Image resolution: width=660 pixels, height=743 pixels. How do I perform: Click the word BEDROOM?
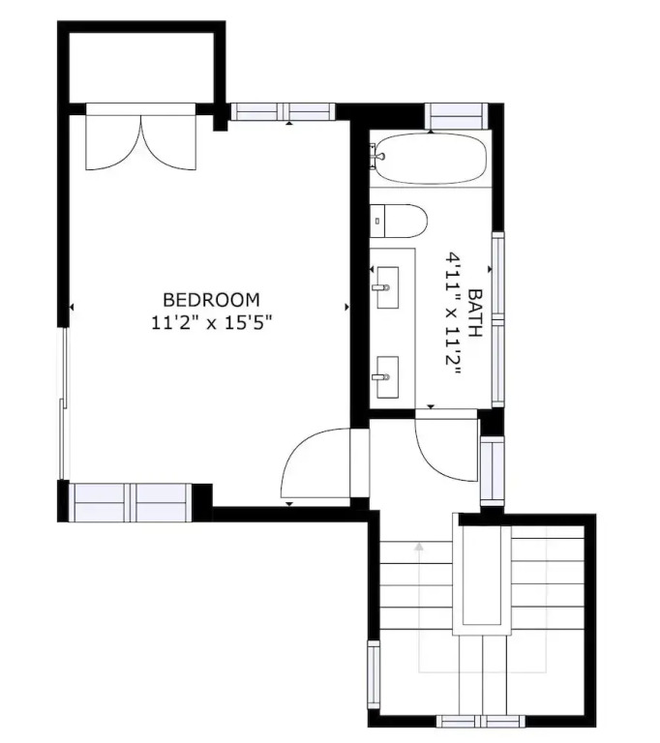pyautogui.click(x=212, y=300)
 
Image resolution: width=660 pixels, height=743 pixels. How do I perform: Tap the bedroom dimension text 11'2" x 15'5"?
pyautogui.click(x=212, y=323)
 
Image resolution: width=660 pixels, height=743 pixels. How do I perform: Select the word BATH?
pyautogui.click(x=474, y=312)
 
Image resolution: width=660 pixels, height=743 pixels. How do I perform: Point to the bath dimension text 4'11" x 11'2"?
pyautogui.click(x=453, y=313)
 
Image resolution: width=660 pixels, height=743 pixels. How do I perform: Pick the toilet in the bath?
pyautogui.click(x=399, y=221)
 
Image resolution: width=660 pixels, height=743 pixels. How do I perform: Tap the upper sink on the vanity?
pyautogui.click(x=387, y=287)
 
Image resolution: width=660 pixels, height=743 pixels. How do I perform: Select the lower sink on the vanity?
pyautogui.click(x=387, y=377)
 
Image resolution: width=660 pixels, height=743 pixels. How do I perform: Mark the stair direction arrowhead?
pyautogui.click(x=419, y=547)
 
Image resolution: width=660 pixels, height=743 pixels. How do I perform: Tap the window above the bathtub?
pyautogui.click(x=456, y=116)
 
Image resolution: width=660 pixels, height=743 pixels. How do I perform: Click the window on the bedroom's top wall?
pyautogui.click(x=283, y=111)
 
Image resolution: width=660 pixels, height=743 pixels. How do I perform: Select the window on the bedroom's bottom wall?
pyautogui.click(x=131, y=502)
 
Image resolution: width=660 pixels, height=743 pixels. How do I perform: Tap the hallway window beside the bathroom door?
pyautogui.click(x=493, y=470)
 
